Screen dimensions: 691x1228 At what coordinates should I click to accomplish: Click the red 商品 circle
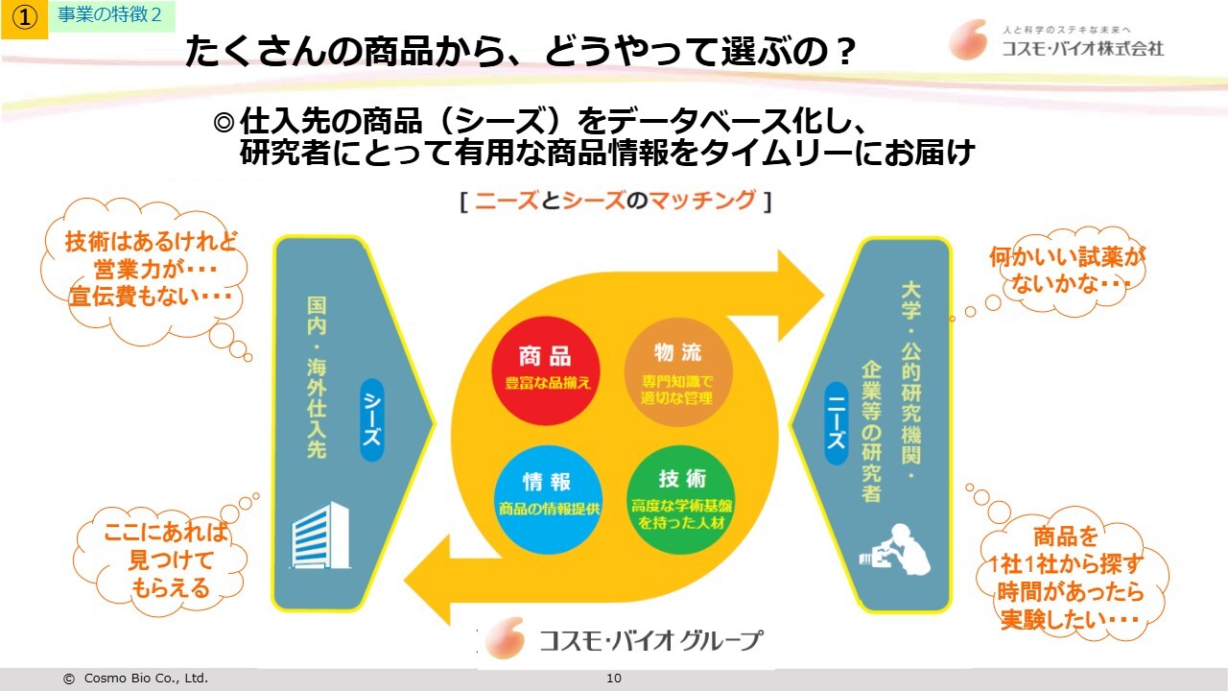point(546,370)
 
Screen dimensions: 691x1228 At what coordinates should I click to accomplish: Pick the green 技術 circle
point(682,498)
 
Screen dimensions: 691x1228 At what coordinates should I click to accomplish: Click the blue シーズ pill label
point(371,420)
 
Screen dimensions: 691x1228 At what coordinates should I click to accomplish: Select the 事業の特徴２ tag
point(110,15)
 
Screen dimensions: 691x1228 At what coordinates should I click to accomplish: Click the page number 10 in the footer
point(614,679)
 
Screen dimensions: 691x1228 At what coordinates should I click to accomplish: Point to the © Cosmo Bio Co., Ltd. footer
point(135,679)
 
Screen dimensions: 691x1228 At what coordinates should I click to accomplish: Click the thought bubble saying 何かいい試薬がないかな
point(1053,270)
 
